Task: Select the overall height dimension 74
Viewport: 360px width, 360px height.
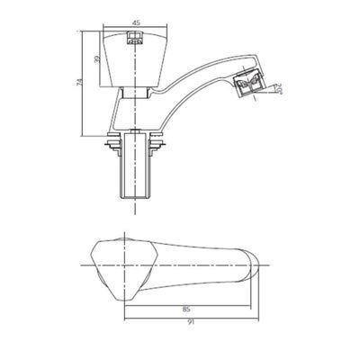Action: coord(79,83)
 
